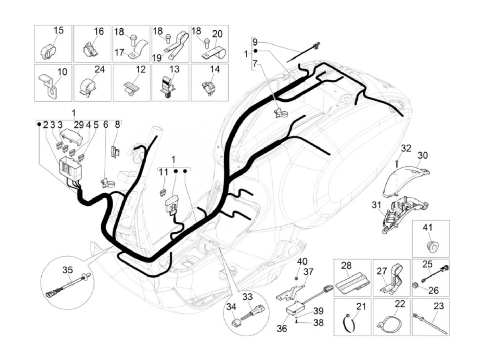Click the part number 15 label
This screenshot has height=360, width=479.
59,30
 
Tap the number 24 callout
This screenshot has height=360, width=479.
99,69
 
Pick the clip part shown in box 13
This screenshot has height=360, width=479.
168,88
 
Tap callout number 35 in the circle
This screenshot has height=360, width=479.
67,270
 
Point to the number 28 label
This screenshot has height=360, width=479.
346,266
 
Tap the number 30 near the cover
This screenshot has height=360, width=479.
423,156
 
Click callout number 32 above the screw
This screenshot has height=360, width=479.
406,149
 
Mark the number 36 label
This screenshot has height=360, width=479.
282,329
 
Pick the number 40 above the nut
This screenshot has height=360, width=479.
302,262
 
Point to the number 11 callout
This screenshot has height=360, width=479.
164,172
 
